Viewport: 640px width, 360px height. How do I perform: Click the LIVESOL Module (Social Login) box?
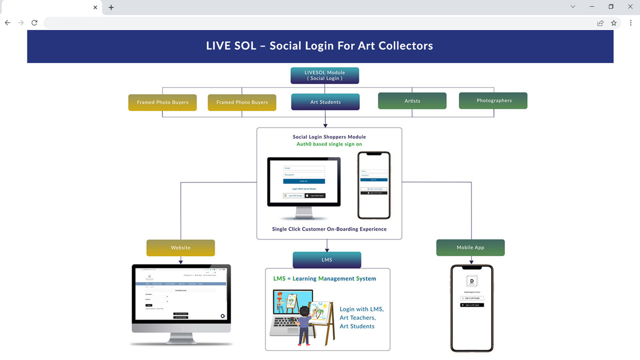coord(324,75)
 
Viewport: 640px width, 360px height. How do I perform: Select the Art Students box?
coord(325,102)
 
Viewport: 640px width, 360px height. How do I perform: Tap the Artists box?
coord(412,101)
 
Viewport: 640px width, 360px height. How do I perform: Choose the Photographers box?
coord(493,100)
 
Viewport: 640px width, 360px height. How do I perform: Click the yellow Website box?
coord(180,248)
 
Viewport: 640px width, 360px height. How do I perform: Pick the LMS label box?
coord(326,260)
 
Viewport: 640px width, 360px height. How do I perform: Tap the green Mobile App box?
coord(470,247)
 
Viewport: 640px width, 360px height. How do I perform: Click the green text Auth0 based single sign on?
coord(329,144)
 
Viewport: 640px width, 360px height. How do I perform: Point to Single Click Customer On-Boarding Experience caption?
coord(329,229)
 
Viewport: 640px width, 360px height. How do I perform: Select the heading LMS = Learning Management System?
coord(324,278)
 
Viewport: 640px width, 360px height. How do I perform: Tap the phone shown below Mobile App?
coord(471,308)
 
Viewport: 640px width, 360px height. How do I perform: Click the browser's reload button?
coord(34,23)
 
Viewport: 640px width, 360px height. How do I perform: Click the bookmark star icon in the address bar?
coord(614,23)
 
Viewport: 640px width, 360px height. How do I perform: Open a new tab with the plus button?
coord(111,7)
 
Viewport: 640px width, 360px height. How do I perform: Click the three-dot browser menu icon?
coord(630,23)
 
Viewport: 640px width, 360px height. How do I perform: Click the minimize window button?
coord(592,7)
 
